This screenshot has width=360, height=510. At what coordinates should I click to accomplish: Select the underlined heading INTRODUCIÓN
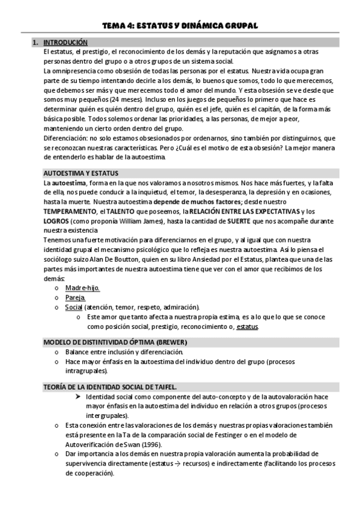[66, 43]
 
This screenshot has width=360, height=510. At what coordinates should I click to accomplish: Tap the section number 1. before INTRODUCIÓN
[35, 43]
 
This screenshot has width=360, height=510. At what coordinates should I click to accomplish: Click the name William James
[126, 221]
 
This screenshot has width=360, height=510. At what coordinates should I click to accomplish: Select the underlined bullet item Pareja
[76, 298]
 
